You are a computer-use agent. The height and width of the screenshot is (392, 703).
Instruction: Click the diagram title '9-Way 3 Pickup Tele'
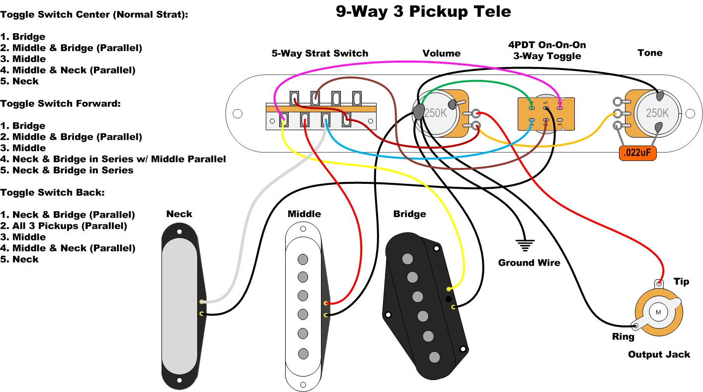click(x=423, y=12)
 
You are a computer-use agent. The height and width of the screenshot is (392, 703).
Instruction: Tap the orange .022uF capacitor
click(x=637, y=154)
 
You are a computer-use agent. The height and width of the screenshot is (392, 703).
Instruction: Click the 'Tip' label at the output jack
click(x=681, y=282)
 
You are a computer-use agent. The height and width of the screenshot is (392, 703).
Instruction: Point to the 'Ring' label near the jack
click(x=623, y=337)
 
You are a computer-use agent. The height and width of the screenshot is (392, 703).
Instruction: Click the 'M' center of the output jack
click(x=658, y=312)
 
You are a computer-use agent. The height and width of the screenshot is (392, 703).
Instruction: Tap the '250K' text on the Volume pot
click(x=435, y=113)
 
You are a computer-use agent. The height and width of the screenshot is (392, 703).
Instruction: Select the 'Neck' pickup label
click(x=179, y=214)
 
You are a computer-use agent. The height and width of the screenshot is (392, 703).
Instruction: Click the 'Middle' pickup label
click(x=304, y=214)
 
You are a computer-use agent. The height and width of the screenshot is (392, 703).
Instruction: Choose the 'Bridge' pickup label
click(x=409, y=214)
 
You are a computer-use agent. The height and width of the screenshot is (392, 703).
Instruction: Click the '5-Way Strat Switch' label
click(x=319, y=53)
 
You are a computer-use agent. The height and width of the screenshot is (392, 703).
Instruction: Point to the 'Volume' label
click(x=441, y=53)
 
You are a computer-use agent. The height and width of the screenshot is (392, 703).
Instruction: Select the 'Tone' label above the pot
click(x=650, y=53)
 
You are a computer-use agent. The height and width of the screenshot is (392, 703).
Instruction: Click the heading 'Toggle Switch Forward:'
click(x=61, y=104)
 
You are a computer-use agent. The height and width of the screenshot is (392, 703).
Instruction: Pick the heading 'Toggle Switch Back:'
click(x=52, y=193)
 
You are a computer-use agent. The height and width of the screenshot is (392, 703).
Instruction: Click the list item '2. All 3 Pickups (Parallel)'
click(x=64, y=226)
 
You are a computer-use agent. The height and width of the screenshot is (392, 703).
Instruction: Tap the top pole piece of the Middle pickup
click(x=302, y=259)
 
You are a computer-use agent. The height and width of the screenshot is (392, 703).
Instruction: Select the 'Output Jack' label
click(x=659, y=354)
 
